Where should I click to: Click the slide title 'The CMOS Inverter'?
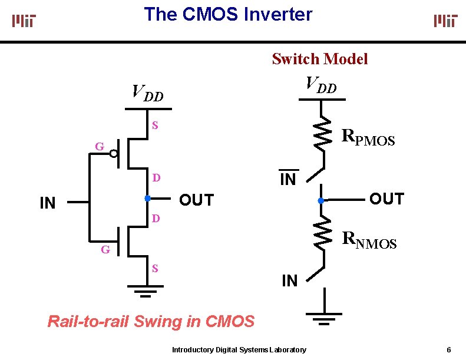coord(228,14)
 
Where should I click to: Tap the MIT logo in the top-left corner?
coord(24,21)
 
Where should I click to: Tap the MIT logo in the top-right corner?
coord(445,21)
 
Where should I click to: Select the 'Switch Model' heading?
coord(319,59)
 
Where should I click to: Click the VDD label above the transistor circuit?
coord(147,93)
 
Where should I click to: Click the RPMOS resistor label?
coord(368,138)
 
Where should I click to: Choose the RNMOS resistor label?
coord(369,239)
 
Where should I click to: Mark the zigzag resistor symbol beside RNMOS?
coord(322,234)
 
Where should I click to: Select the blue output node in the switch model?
coord(321,201)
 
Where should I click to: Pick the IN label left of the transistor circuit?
coord(47,204)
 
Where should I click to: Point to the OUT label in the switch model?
coord(386,199)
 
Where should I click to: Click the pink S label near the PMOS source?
coord(155,125)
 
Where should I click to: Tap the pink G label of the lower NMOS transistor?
coord(105,249)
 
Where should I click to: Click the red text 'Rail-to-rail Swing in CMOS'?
coord(151,322)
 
